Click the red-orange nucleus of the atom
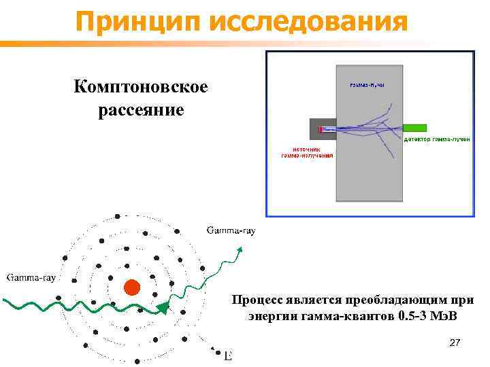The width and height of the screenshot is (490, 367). pyautogui.click(x=131, y=287)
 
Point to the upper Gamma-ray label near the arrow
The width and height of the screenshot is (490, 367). pyautogui.click(x=231, y=230)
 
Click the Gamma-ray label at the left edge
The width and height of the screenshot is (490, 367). pyautogui.click(x=31, y=277)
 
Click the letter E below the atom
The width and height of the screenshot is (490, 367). pyautogui.click(x=228, y=356)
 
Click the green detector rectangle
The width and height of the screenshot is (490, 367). pyautogui.click(x=414, y=128)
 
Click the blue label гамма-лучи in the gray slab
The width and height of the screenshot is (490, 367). pyautogui.click(x=367, y=84)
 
